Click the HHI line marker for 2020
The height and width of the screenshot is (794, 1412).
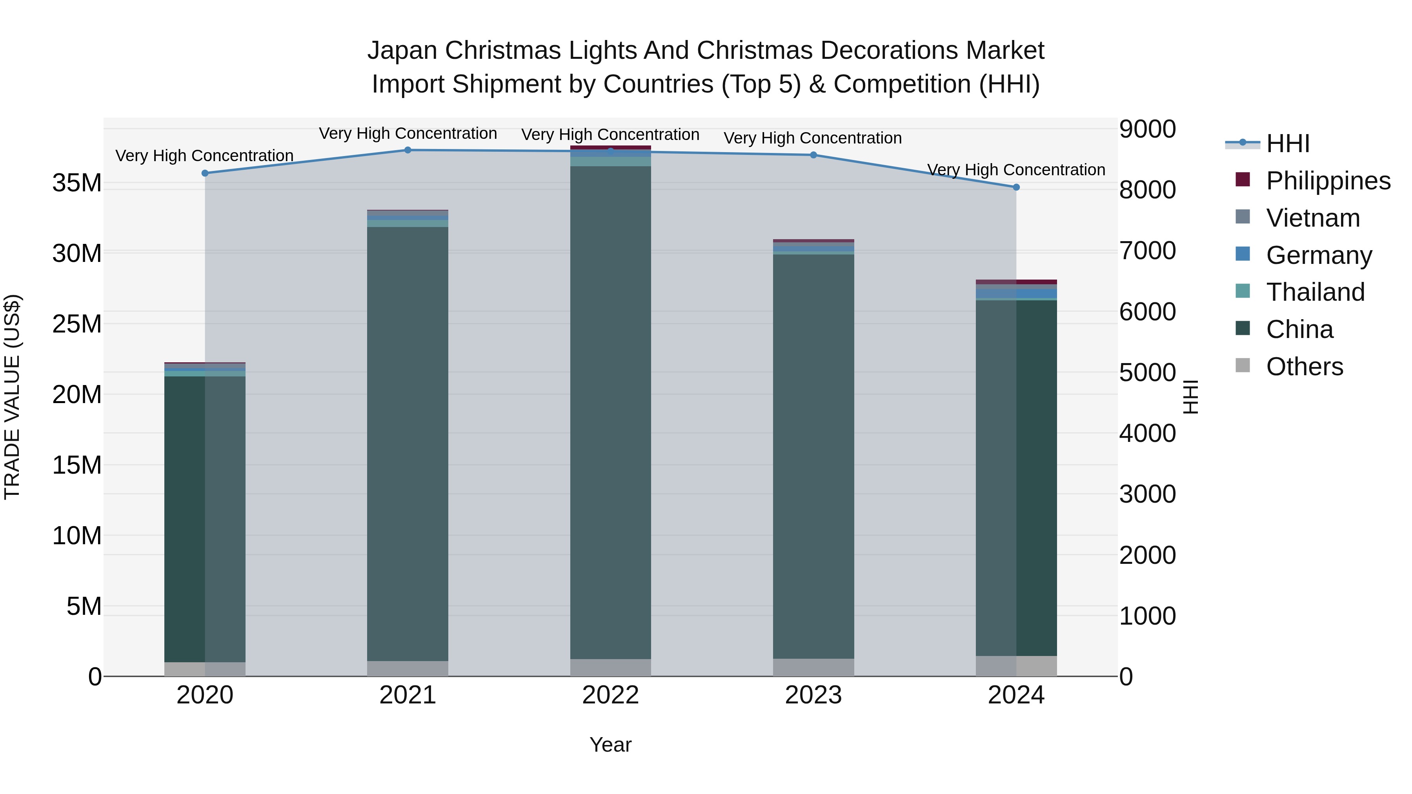(x=205, y=173)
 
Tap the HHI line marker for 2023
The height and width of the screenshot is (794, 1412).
(x=813, y=155)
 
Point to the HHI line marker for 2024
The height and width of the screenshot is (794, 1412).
(x=1016, y=187)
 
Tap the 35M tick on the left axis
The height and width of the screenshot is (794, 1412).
(x=77, y=183)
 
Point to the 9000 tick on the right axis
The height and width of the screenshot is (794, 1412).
(x=1147, y=129)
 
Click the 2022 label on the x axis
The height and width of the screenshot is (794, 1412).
(x=610, y=695)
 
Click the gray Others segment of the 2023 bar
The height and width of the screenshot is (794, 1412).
(x=813, y=667)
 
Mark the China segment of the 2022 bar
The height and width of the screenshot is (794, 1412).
(x=610, y=411)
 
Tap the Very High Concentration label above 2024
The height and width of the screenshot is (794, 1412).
(x=1016, y=170)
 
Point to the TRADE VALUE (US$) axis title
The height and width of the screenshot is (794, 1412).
(x=12, y=397)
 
